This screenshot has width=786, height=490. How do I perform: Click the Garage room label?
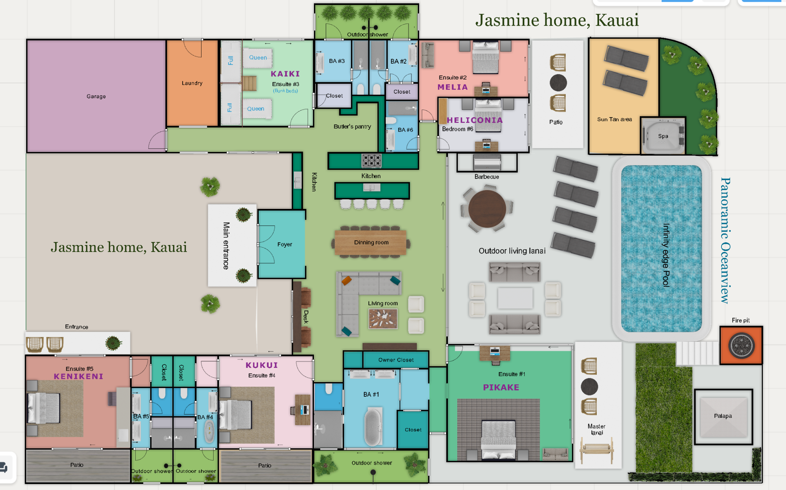(96, 96)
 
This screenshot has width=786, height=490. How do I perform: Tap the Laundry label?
(192, 83)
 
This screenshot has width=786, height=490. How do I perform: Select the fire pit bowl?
(741, 345)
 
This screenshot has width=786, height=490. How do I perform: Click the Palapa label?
(723, 416)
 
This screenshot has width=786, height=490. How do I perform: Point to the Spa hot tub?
(663, 136)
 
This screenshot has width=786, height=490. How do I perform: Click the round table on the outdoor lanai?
(487, 209)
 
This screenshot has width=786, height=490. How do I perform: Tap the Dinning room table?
(371, 243)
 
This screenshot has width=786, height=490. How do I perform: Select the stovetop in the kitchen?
(372, 161)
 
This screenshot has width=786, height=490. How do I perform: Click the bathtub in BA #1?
(373, 426)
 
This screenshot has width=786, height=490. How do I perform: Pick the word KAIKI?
(285, 74)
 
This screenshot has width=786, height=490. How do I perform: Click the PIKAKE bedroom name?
(501, 387)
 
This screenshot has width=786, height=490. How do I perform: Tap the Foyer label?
(284, 244)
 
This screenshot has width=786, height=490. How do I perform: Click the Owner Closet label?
(396, 360)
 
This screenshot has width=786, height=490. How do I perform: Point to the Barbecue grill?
(487, 162)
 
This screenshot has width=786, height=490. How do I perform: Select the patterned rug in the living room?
(383, 319)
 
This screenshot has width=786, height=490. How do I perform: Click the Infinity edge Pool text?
(666, 255)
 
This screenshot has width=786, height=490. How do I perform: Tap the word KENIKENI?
(79, 376)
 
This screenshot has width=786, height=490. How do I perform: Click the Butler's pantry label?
(352, 126)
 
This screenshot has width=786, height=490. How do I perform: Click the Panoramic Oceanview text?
(725, 240)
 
